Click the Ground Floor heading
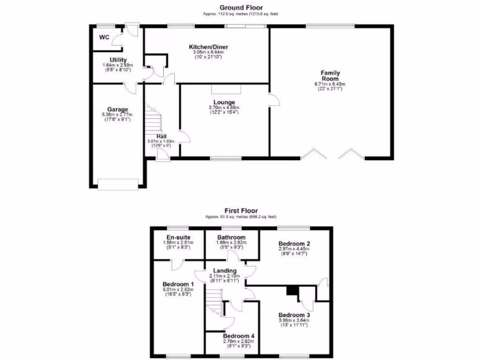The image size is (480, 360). (x=241, y=7)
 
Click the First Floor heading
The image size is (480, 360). (x=241, y=211)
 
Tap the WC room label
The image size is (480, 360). (x=104, y=37)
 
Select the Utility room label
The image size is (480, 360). (x=118, y=60)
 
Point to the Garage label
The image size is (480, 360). (x=117, y=110)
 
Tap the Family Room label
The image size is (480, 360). (x=330, y=75)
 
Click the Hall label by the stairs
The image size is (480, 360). (x=161, y=136)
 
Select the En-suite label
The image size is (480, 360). (x=177, y=237)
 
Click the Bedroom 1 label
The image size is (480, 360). (x=178, y=285)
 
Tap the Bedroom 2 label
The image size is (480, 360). (x=294, y=244)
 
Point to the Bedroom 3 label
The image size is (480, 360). (x=294, y=315)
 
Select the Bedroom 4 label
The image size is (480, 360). (x=239, y=336)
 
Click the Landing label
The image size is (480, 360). (x=225, y=271)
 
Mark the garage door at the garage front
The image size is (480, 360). (x=119, y=184)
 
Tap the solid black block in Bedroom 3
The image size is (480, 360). (x=292, y=291)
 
